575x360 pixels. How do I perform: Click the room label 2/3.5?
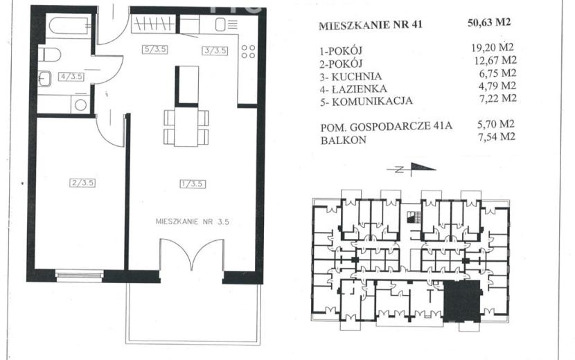(x=82, y=183)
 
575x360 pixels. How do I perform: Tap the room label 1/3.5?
(x=193, y=183)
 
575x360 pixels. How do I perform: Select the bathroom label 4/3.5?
(x=71, y=77)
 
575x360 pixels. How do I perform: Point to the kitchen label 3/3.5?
(x=215, y=51)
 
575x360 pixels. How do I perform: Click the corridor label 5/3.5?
(x=155, y=49)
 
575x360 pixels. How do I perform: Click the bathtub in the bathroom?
(x=70, y=26)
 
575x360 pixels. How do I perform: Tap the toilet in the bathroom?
(x=49, y=55)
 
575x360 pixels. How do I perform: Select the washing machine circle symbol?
(x=80, y=105)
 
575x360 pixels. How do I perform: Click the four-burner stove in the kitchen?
(x=248, y=51)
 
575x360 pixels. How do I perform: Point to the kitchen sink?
(x=220, y=25)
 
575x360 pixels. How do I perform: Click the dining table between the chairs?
(x=186, y=127)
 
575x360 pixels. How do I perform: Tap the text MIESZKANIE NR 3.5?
(x=193, y=222)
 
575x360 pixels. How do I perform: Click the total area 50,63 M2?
(x=489, y=23)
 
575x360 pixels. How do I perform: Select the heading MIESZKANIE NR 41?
(x=371, y=25)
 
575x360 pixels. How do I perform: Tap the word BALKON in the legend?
(x=343, y=141)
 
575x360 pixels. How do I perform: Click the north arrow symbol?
(x=412, y=169)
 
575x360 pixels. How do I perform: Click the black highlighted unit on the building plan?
(x=461, y=301)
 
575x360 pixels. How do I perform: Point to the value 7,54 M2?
(x=497, y=137)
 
